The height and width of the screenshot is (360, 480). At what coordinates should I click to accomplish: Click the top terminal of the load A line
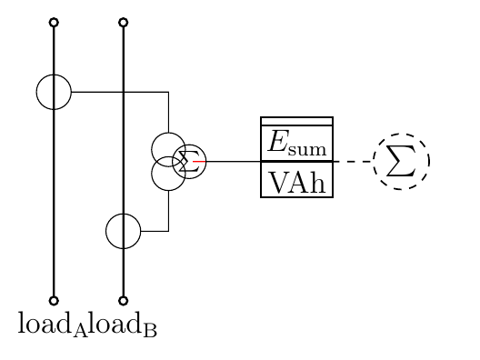(x=54, y=21)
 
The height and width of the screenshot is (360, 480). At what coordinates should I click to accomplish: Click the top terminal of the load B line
(x=124, y=21)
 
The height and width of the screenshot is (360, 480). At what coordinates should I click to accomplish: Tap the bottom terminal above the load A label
(x=54, y=300)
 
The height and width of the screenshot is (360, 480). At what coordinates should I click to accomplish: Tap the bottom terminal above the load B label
(x=124, y=300)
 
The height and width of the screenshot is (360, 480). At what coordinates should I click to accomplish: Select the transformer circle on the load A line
(x=54, y=92)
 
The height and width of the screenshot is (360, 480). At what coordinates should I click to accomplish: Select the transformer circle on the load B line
(x=124, y=231)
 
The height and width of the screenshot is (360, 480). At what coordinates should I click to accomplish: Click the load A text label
(x=53, y=324)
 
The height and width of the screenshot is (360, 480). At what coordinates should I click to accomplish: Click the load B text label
(x=123, y=324)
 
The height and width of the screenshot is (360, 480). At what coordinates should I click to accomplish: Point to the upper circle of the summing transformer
(x=168, y=148)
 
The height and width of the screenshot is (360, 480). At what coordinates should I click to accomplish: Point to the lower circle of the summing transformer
(x=168, y=175)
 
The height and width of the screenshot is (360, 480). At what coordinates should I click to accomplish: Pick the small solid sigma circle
(x=190, y=161)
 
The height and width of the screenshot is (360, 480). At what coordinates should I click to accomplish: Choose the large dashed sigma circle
(x=401, y=161)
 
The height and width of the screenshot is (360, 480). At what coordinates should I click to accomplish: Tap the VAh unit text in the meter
(x=297, y=181)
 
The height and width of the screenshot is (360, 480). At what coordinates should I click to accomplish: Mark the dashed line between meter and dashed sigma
(x=354, y=161)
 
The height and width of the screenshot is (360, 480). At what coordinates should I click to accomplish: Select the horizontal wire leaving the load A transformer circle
(x=118, y=92)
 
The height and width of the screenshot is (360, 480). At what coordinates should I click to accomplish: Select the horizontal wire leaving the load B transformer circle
(x=155, y=231)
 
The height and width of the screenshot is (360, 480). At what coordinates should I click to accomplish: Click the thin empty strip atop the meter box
(x=297, y=121)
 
